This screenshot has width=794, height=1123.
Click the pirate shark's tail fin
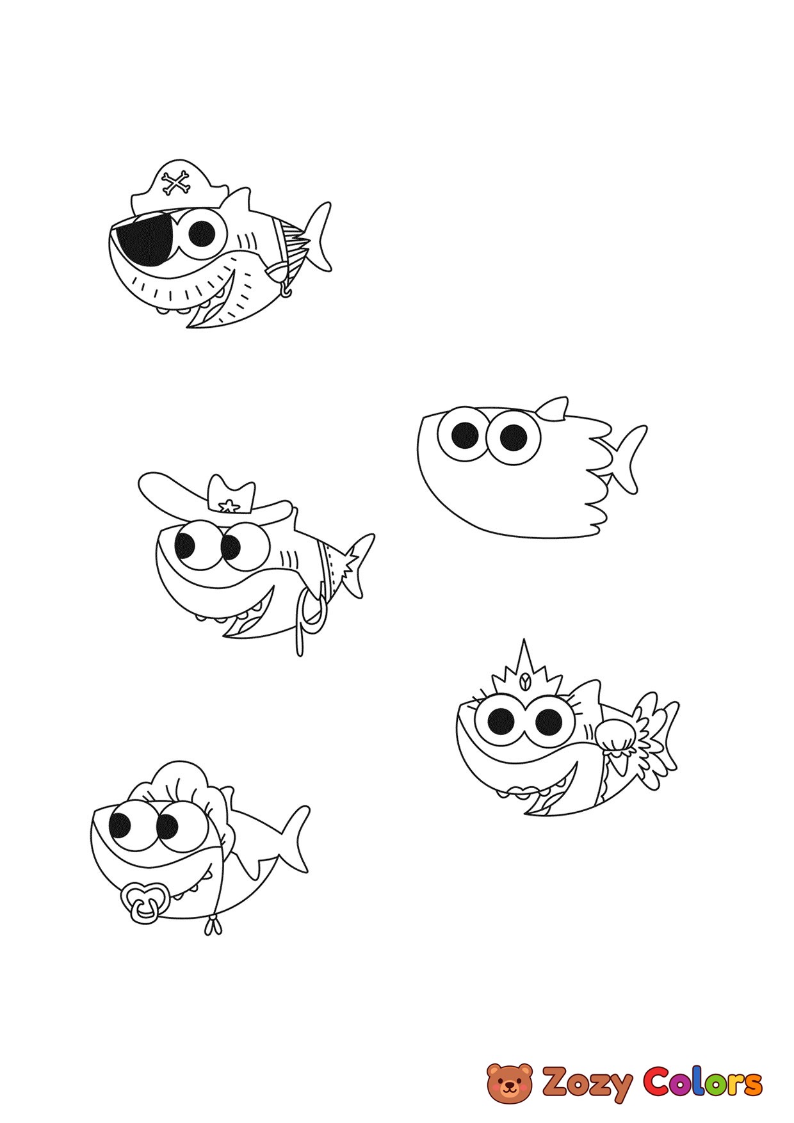click(x=317, y=236)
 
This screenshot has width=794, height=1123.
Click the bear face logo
click(x=510, y=1082)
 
